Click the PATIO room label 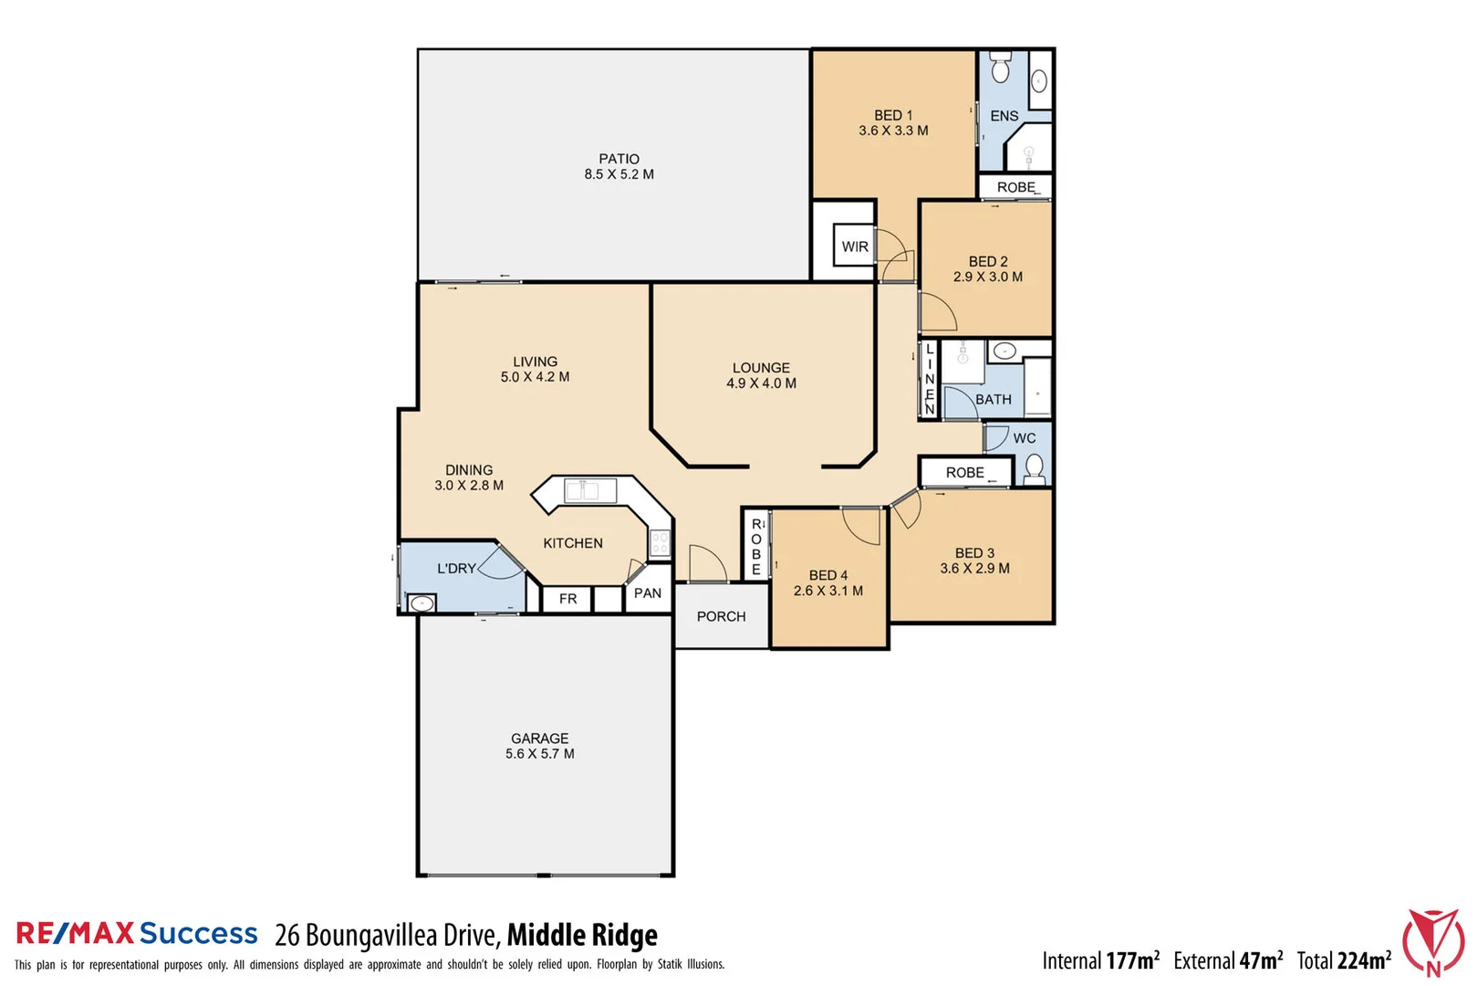tap(619, 159)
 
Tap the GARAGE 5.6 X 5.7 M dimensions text tap(539, 754)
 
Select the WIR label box tap(855, 246)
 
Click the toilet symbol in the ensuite tap(1001, 68)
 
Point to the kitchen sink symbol tap(581, 491)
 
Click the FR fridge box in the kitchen tap(567, 599)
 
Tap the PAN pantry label tap(648, 593)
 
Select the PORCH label tap(721, 617)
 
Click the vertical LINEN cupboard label tap(930, 379)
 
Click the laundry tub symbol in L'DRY tap(422, 603)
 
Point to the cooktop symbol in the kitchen tap(660, 544)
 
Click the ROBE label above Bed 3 tap(964, 473)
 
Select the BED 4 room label tap(827, 575)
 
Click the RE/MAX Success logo tap(137, 933)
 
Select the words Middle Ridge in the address tap(582, 935)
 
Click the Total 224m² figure tap(1344, 960)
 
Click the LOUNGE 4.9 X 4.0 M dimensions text tap(761, 383)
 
